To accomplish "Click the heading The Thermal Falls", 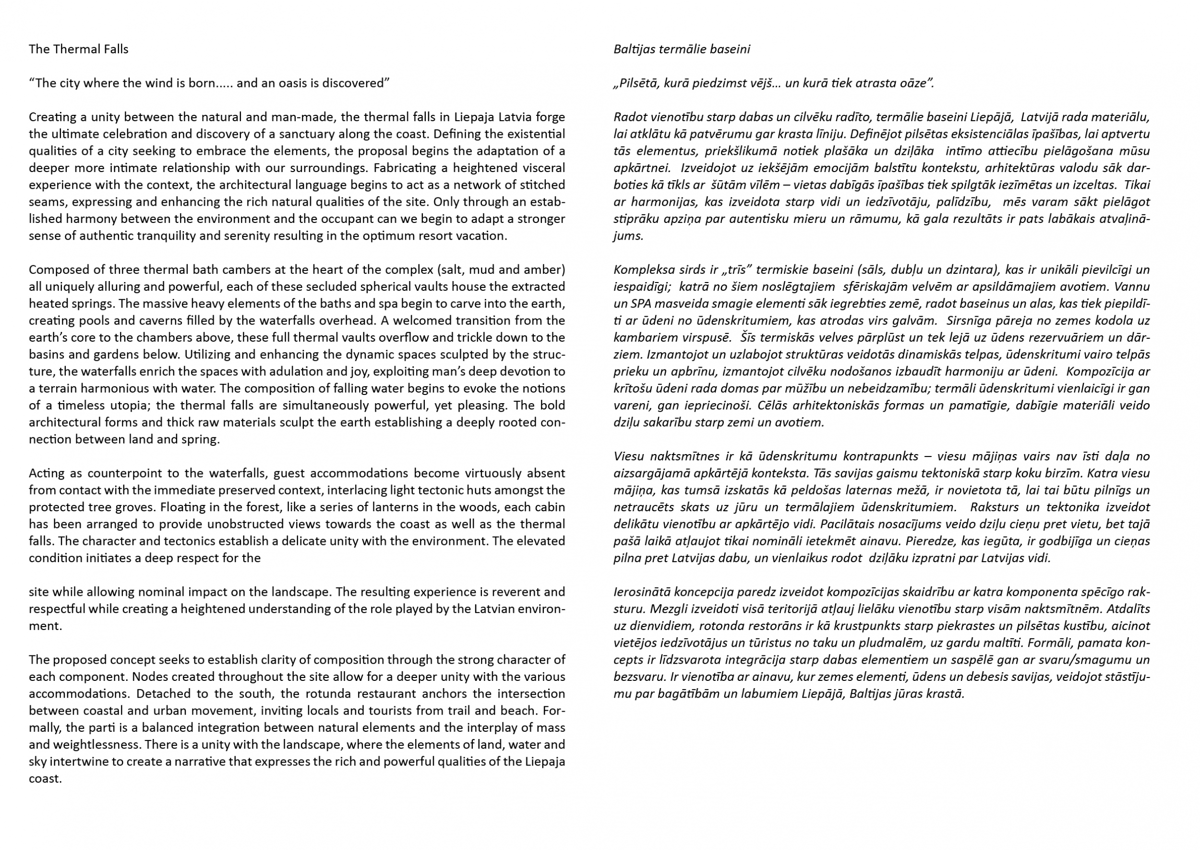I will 78,49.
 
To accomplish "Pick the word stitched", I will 543,185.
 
